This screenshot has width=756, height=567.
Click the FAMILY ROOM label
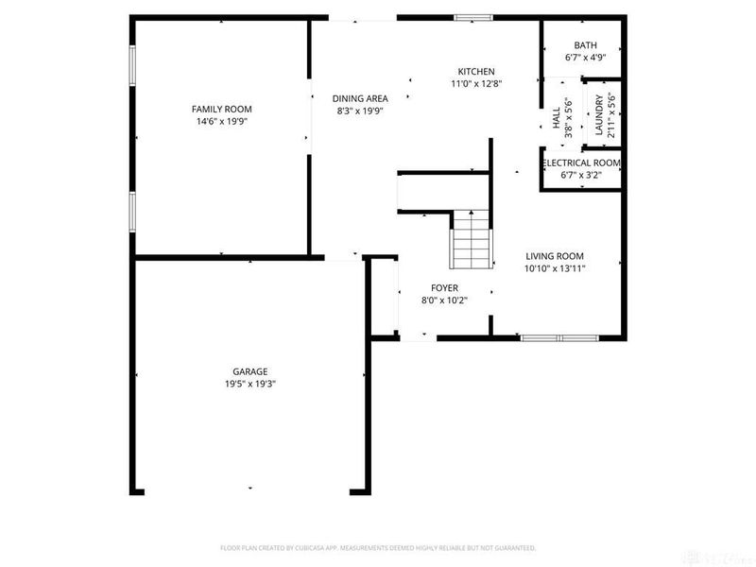pos(222,110)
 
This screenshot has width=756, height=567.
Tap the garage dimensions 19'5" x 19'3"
pos(250,384)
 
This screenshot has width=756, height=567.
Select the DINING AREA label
pos(360,98)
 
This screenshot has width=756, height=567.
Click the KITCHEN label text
pos(476,72)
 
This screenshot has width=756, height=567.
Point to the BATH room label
pos(585,45)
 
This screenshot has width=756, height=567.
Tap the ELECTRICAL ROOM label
pos(581,163)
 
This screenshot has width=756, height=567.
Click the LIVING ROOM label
pos(555,256)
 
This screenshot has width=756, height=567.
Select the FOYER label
pos(444,288)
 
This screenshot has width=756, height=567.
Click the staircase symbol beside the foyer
pos(471,239)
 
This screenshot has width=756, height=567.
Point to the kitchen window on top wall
pos(472,17)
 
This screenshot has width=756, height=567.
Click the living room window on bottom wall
pos(558,337)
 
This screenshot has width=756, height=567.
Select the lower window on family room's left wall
pos(132,214)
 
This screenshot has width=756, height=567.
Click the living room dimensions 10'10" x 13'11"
pos(555,268)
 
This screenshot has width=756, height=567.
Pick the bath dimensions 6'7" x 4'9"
pos(585,58)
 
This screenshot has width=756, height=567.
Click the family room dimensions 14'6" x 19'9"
pos(222,122)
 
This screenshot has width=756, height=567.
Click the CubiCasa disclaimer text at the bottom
pos(378,548)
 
